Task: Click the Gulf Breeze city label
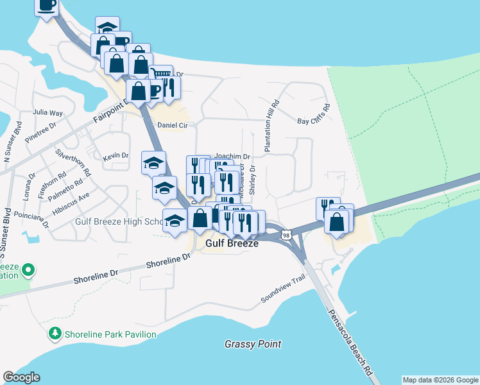pyautogui.click(x=232, y=244)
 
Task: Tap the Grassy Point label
pyautogui.click(x=253, y=344)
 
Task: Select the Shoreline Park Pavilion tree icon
pyautogui.click(x=55, y=334)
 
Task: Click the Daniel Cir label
pyautogui.click(x=172, y=125)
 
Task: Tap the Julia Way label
pyautogui.click(x=48, y=112)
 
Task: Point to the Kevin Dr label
pyautogui.click(x=116, y=156)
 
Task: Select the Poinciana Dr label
pyautogui.click(x=29, y=221)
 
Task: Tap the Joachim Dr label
pyautogui.click(x=232, y=156)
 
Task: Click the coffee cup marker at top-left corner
pyautogui.click(x=46, y=5)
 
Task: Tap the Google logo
pyautogui.click(x=21, y=377)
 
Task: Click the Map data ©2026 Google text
pyautogui.click(x=440, y=380)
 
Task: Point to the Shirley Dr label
pyautogui.click(x=252, y=179)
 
